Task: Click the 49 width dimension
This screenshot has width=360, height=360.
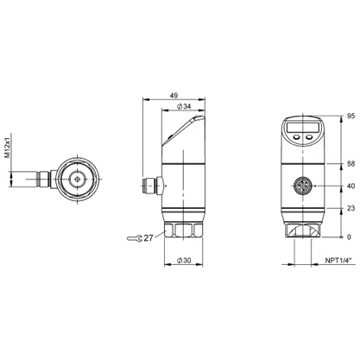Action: point(174,95)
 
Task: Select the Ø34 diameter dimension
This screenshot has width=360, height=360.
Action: point(184,106)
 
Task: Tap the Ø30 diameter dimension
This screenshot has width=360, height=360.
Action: point(184,261)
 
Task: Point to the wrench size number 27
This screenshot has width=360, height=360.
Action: point(148,238)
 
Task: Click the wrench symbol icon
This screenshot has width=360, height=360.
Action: point(135,238)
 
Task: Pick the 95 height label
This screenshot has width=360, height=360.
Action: point(351,117)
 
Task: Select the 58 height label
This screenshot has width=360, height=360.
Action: point(351,164)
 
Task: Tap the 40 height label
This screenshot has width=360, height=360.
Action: point(351,186)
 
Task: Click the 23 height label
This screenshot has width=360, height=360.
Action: point(351,208)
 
